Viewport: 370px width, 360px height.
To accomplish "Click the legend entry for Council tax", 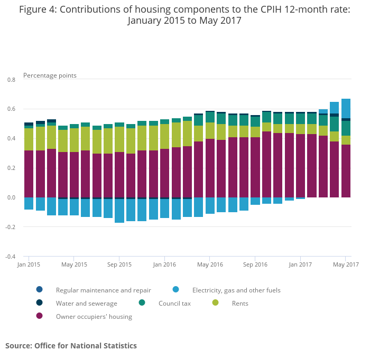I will tap(174, 303).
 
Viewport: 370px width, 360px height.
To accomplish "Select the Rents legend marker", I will tap(216, 303).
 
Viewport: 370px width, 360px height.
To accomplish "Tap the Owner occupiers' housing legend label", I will tap(94, 317).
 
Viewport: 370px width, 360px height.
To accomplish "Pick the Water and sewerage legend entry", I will tap(86, 304).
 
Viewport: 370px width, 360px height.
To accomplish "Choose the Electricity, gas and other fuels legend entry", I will tap(236, 290).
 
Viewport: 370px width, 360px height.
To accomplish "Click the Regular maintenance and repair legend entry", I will tap(103, 290).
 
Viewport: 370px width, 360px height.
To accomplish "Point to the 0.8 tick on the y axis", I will tap(11, 80).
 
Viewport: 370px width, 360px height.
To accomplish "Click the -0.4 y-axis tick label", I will tap(10, 257).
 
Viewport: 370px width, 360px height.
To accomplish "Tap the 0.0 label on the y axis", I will tap(11, 198).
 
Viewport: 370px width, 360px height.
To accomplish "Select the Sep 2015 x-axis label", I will tap(119, 264).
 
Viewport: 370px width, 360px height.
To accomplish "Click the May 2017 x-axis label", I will tap(346, 264).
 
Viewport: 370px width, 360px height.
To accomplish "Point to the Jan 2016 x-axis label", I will tap(164, 264).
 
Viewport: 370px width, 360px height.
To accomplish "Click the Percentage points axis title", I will tap(50, 75).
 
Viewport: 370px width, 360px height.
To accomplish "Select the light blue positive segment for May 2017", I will tap(346, 108).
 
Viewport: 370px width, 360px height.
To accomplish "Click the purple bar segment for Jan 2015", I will tap(29, 174).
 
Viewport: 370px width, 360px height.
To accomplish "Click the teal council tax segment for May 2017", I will tap(346, 128).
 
